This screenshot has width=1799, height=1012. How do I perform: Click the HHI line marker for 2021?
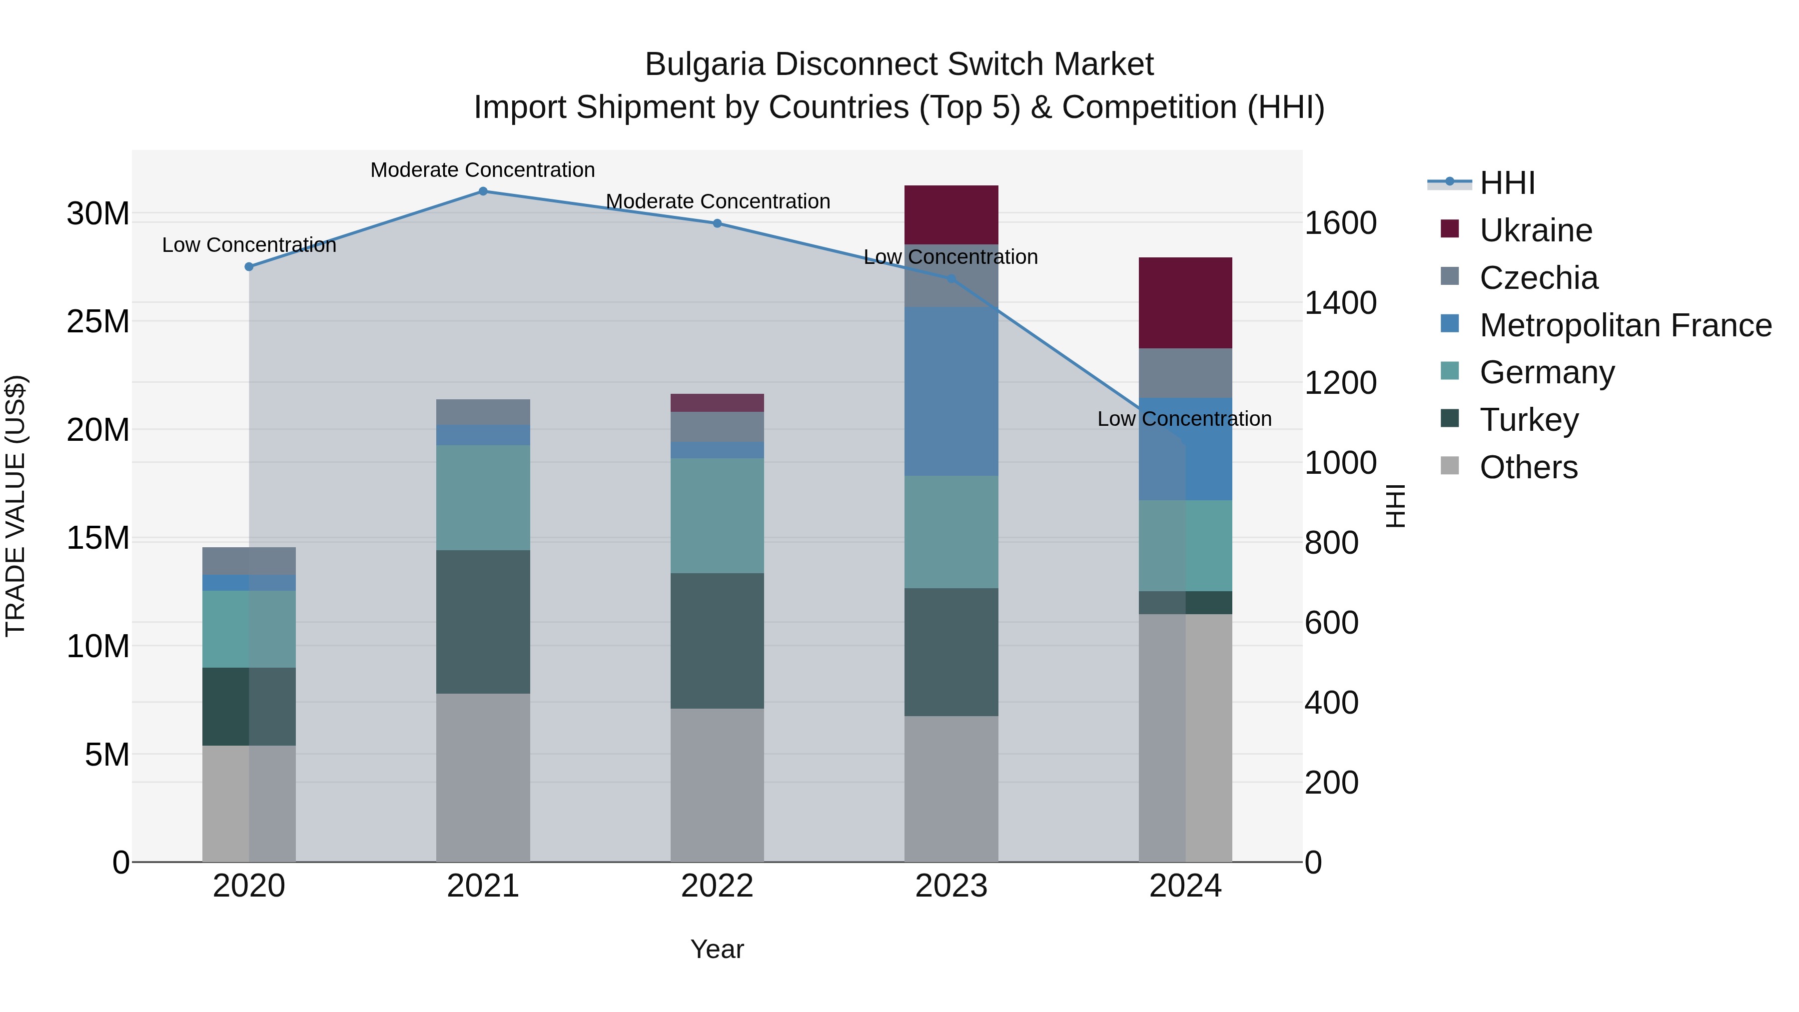click(483, 191)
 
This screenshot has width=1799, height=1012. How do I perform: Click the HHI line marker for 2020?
click(249, 267)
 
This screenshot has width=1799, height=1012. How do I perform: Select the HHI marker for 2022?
click(717, 223)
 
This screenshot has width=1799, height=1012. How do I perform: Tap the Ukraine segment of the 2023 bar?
click(951, 214)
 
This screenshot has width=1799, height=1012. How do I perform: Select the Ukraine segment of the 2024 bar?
click(1185, 302)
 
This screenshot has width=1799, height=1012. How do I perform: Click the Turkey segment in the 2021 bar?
click(483, 622)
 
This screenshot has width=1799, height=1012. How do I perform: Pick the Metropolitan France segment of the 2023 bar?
click(951, 391)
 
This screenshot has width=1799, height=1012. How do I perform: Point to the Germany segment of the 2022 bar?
click(717, 515)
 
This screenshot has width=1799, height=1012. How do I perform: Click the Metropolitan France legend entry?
click(1625, 325)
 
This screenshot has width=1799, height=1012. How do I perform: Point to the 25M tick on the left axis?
click(98, 322)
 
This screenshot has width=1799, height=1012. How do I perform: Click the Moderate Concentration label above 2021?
click(483, 170)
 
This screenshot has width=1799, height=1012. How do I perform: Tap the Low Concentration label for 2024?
click(1184, 419)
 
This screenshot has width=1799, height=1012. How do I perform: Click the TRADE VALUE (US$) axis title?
click(15, 506)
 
